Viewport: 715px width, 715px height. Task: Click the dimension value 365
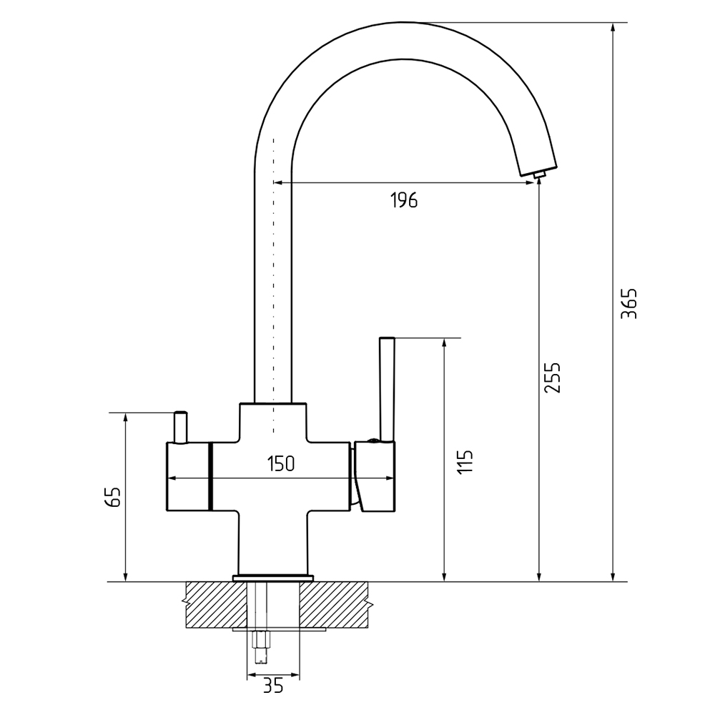tap(628, 303)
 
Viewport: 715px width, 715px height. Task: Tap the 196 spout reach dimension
tap(404, 200)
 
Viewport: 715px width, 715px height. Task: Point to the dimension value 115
tap(465, 462)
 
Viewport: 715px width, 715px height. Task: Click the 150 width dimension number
tap(281, 464)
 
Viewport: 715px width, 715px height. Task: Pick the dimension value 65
tap(112, 497)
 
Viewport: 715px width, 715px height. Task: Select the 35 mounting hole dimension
tap(274, 686)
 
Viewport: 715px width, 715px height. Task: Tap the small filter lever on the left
tap(180, 428)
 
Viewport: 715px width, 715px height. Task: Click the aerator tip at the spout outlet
tap(541, 174)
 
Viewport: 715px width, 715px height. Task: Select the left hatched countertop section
tap(215, 605)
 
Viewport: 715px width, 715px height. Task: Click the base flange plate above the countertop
tap(273, 578)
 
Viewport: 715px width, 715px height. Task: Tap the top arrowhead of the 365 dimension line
tap(613, 27)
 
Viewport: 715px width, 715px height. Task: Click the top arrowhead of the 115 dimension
tap(445, 343)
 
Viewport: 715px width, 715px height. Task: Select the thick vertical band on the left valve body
tap(211, 476)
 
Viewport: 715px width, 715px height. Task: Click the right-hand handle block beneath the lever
tap(375, 475)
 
